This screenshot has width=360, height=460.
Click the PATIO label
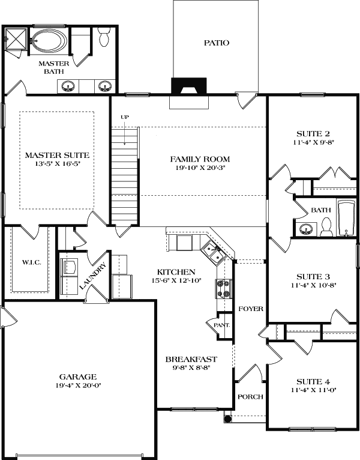217,43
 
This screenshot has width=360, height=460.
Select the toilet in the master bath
104,37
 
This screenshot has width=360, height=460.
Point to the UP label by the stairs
125,117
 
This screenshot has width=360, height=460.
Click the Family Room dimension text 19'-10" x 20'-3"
200,169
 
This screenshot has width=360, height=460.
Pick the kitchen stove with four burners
223,289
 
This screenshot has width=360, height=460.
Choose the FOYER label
250,309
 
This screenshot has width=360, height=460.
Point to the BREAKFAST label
191,359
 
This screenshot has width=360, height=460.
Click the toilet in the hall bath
327,226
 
